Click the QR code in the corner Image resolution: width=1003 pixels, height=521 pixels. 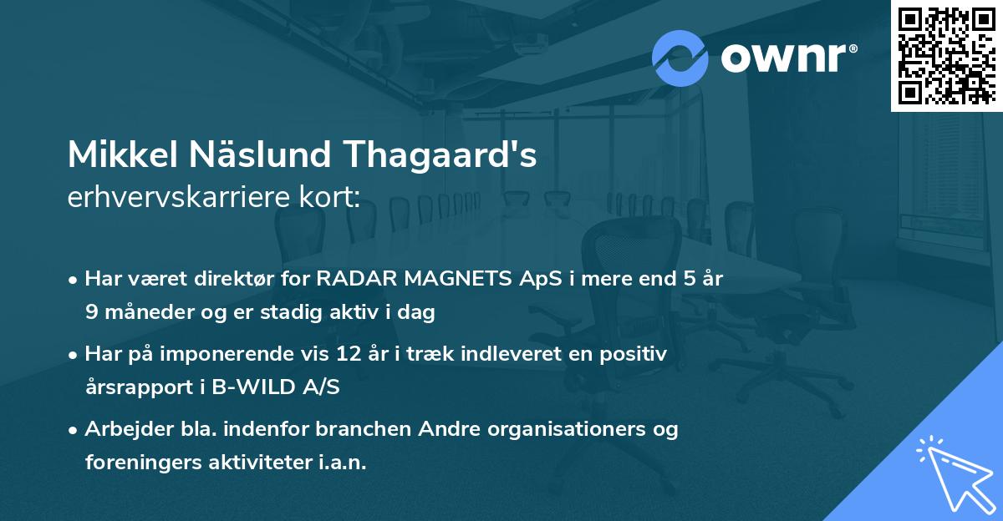[x=946, y=55]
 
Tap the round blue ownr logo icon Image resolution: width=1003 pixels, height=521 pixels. [x=680, y=58]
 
